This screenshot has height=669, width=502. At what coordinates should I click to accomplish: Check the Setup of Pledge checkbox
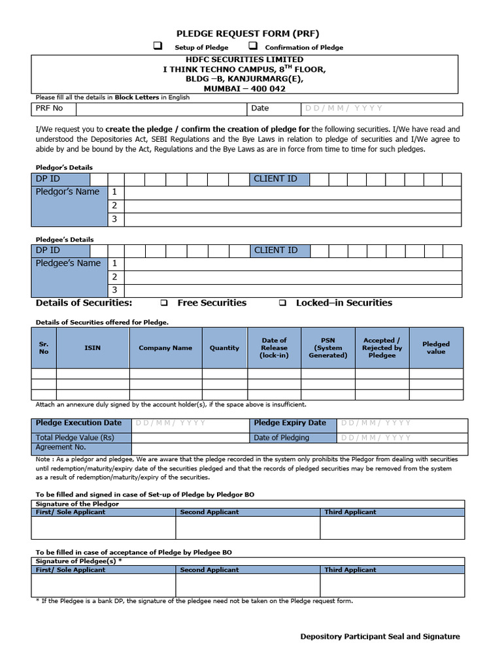tap(158, 46)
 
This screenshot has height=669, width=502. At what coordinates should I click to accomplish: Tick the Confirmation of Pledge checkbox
tap(252, 46)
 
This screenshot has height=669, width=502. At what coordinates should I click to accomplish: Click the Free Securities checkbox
tap(164, 303)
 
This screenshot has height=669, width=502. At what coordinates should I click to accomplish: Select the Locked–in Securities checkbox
tap(282, 303)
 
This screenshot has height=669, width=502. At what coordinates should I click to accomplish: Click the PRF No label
tap(50, 108)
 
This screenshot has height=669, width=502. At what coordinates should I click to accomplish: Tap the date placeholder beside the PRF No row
tap(343, 108)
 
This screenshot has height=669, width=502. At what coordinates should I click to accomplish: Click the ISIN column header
tap(93, 348)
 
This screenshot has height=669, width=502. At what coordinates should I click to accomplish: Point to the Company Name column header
tap(165, 348)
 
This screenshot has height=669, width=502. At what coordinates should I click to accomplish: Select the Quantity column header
tap(224, 348)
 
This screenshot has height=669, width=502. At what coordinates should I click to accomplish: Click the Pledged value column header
tap(436, 348)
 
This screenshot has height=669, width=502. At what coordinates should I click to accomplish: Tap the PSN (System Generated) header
tap(327, 348)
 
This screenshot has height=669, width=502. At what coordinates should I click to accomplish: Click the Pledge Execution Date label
tap(78, 423)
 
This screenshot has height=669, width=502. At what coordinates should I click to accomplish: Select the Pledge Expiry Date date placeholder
tap(376, 423)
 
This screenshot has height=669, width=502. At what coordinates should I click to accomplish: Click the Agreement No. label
tap(61, 448)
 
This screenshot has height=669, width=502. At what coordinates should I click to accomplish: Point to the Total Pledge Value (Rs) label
tap(75, 438)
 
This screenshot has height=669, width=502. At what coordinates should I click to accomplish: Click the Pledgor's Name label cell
tap(67, 192)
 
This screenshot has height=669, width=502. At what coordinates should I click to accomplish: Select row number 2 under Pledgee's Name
tap(115, 277)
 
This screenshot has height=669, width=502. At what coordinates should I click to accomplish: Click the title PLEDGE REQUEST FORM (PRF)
tap(248, 33)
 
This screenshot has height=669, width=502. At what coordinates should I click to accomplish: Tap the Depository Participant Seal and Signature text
tap(380, 636)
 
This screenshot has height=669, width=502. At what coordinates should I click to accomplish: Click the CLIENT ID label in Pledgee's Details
tap(275, 250)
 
